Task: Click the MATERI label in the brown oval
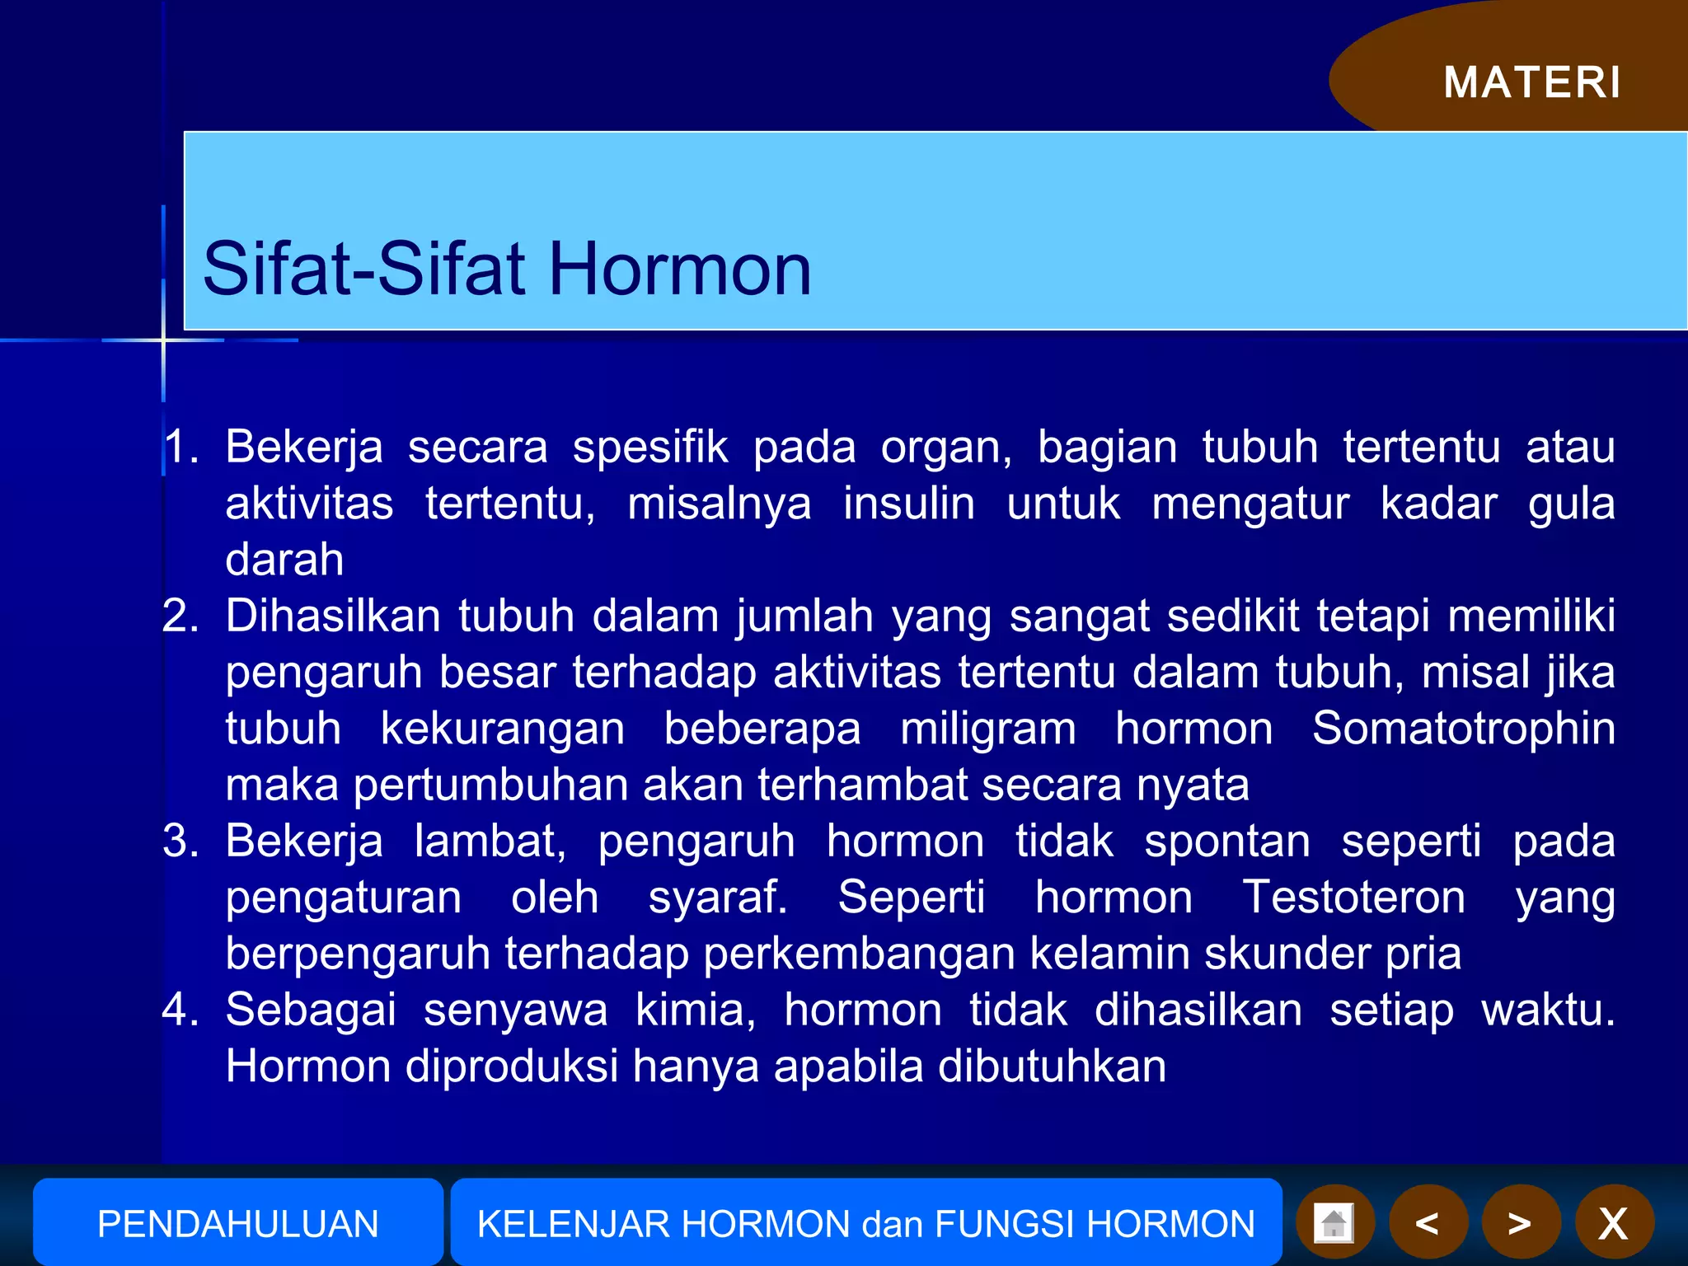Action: tap(1531, 82)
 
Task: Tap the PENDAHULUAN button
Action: tap(237, 1223)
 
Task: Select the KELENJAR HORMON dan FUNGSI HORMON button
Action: tap(865, 1223)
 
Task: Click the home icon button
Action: tap(1334, 1222)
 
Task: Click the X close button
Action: tap(1613, 1223)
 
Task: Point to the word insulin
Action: tap(908, 504)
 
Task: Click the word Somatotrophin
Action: tap(1463, 729)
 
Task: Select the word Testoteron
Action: tap(1353, 897)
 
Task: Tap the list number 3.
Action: tap(180, 842)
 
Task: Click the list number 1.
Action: tap(180, 448)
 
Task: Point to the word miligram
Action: tap(987, 729)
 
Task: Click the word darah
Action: tap(284, 560)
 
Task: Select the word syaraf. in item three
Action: tap(717, 897)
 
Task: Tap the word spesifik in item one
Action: tap(649, 448)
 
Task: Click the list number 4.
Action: tap(180, 1010)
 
